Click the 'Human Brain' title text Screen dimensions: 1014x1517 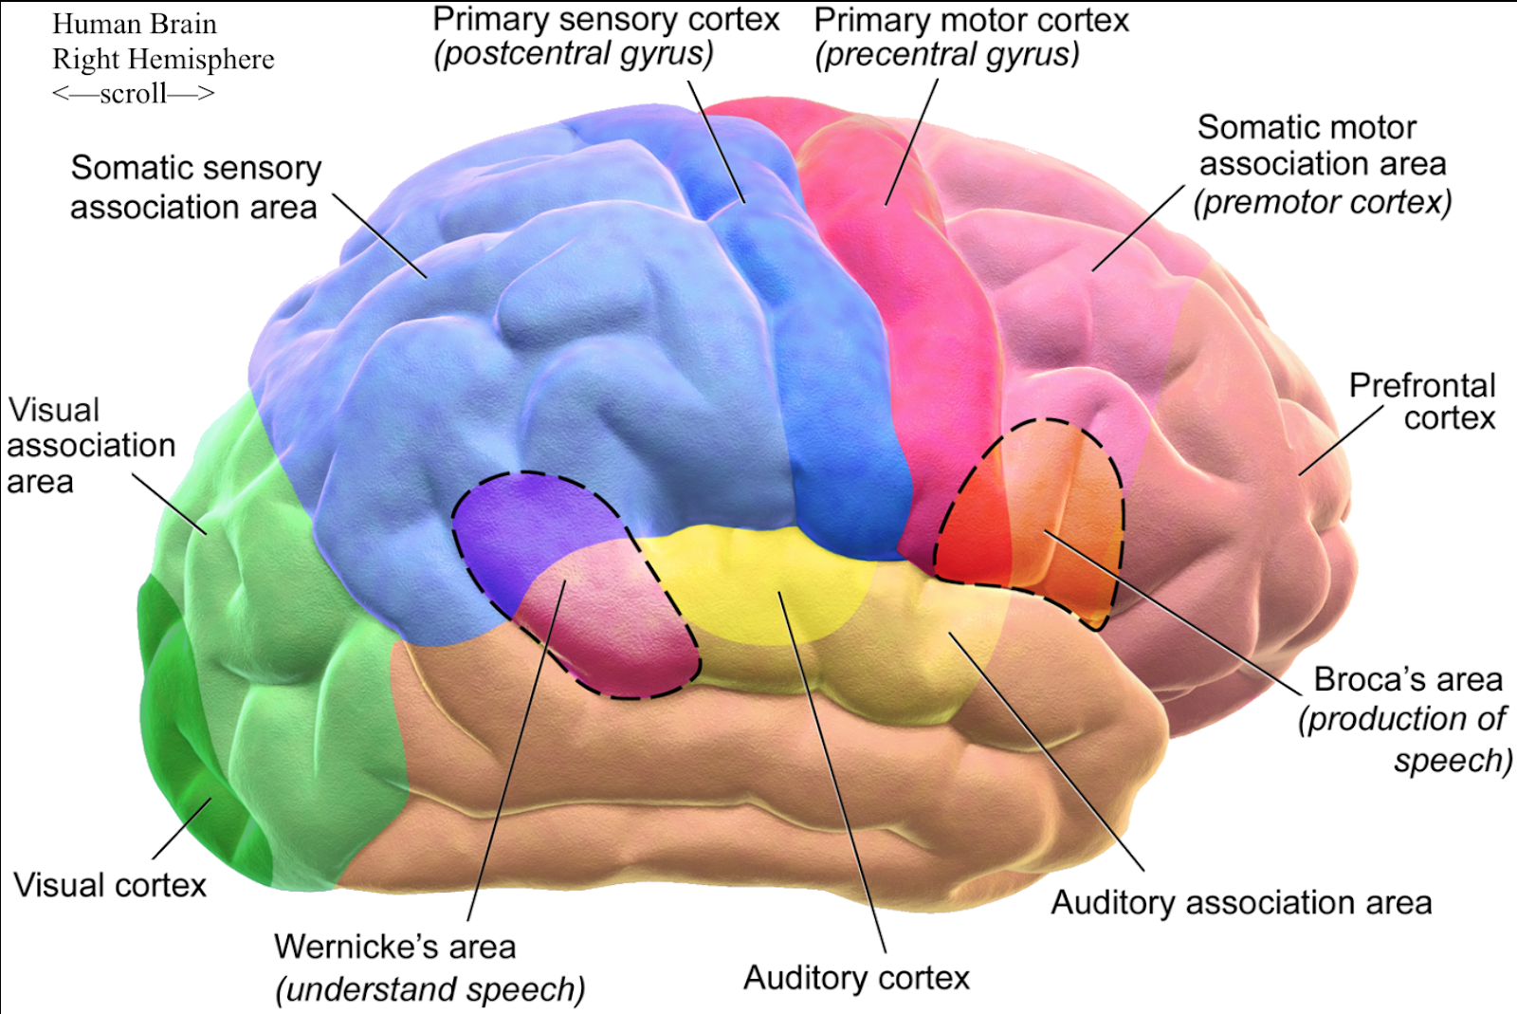click(x=134, y=24)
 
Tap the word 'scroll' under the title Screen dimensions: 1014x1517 click(x=133, y=93)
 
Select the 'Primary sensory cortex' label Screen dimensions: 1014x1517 click(x=606, y=20)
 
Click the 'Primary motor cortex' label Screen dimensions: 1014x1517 click(x=972, y=21)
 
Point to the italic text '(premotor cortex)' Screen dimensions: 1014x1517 click(x=1323, y=202)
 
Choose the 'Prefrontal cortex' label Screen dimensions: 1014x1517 click(x=1422, y=401)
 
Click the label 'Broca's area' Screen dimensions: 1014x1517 click(x=1408, y=679)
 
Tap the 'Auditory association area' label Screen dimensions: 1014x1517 click(x=1241, y=902)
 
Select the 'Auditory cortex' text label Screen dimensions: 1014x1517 click(x=856, y=977)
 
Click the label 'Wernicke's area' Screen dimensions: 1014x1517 click(x=394, y=946)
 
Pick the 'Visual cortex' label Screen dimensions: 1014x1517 click(x=110, y=885)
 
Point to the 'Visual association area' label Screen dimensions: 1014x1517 click(x=91, y=445)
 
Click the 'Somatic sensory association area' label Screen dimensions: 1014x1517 click(x=194, y=187)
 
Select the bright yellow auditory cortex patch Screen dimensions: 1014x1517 click(x=758, y=579)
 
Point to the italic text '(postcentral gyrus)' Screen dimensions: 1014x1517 click(x=574, y=54)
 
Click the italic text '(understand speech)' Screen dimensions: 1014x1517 click(x=430, y=989)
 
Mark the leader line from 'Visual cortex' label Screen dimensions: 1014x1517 click(x=182, y=828)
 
